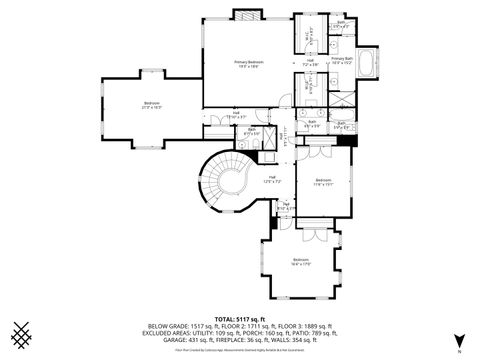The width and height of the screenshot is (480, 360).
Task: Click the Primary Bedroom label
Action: point(247,64)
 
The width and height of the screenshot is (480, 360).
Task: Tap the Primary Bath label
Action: point(342,60)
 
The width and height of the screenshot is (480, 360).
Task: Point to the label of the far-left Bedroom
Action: point(152,105)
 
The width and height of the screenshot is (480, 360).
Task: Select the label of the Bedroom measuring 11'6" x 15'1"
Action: point(322,183)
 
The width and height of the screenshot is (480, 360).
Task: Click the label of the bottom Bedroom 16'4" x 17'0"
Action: point(300,262)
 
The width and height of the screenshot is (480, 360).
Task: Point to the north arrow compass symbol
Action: point(457,340)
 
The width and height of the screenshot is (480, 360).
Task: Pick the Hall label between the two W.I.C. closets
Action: point(310,63)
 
